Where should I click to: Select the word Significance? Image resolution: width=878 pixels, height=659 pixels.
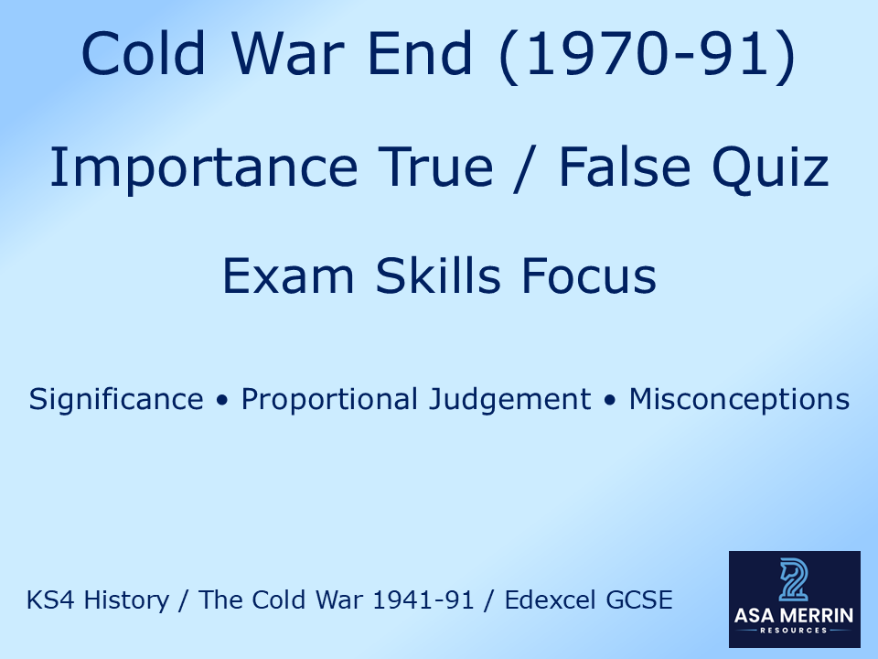pos(116,400)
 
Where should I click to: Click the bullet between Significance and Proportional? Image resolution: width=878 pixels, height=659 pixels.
pos(222,401)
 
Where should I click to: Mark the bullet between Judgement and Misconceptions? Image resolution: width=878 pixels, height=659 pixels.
pos(610,401)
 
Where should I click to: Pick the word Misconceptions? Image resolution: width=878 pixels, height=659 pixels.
pos(739,400)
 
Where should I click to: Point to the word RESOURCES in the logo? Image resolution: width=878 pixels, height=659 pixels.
pos(794,631)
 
